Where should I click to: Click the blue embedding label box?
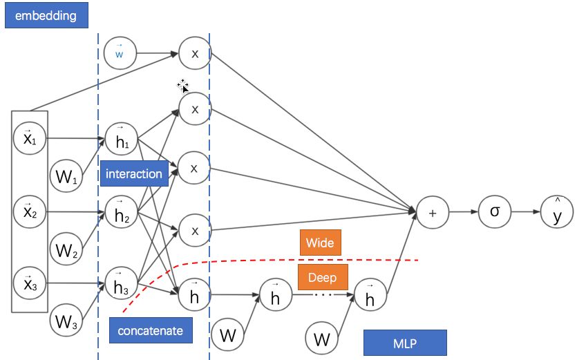tap(46, 15)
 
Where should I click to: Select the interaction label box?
tap(134, 174)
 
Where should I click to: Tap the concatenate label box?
tap(150, 331)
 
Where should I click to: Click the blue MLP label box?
tap(405, 343)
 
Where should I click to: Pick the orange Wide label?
tap(320, 243)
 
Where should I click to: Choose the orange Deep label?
tap(322, 278)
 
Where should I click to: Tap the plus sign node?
tap(433, 213)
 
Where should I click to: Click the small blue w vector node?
tap(120, 53)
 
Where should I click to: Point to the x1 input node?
tap(29, 138)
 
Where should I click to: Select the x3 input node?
tap(29, 283)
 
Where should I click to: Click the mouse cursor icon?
tap(183, 86)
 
